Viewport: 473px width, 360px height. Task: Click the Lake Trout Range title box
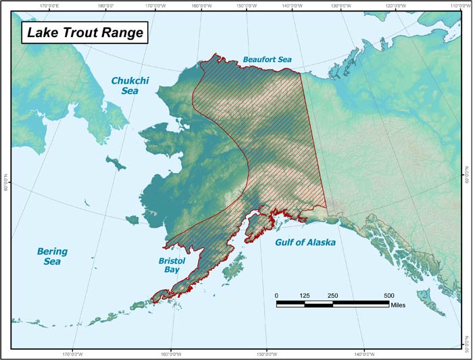tap(84, 32)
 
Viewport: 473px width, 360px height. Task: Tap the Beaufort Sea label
tap(267, 60)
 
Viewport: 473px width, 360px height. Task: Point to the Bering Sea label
tap(52, 256)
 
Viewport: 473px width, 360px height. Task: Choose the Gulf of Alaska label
tap(305, 242)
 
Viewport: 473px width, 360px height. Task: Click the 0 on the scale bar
tap(276, 296)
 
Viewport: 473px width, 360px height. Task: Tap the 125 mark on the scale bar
tap(304, 296)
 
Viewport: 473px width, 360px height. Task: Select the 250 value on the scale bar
tap(332, 296)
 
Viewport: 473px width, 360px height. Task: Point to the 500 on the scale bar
tap(389, 296)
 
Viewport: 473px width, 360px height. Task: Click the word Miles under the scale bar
tap(399, 305)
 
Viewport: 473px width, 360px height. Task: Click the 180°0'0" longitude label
tap(109, 7)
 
